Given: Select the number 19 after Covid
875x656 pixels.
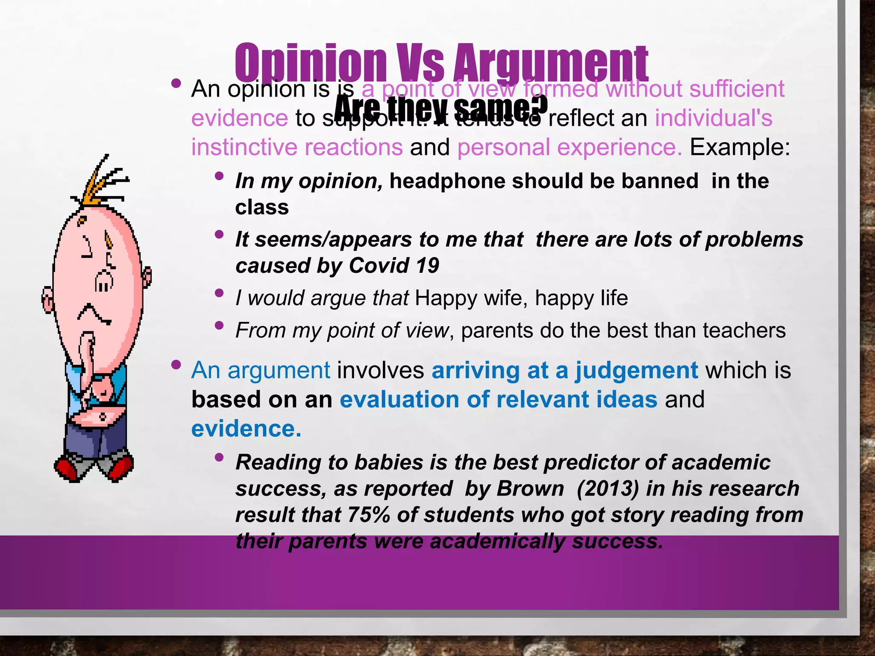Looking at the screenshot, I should [427, 266].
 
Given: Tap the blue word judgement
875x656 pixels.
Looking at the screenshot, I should [637, 370].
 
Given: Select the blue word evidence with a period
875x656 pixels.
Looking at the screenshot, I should [246, 429].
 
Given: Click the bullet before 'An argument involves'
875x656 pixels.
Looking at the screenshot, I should [176, 365].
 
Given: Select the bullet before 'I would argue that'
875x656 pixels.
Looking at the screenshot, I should [220, 293].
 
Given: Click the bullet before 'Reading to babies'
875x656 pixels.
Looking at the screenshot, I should [220, 457].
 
